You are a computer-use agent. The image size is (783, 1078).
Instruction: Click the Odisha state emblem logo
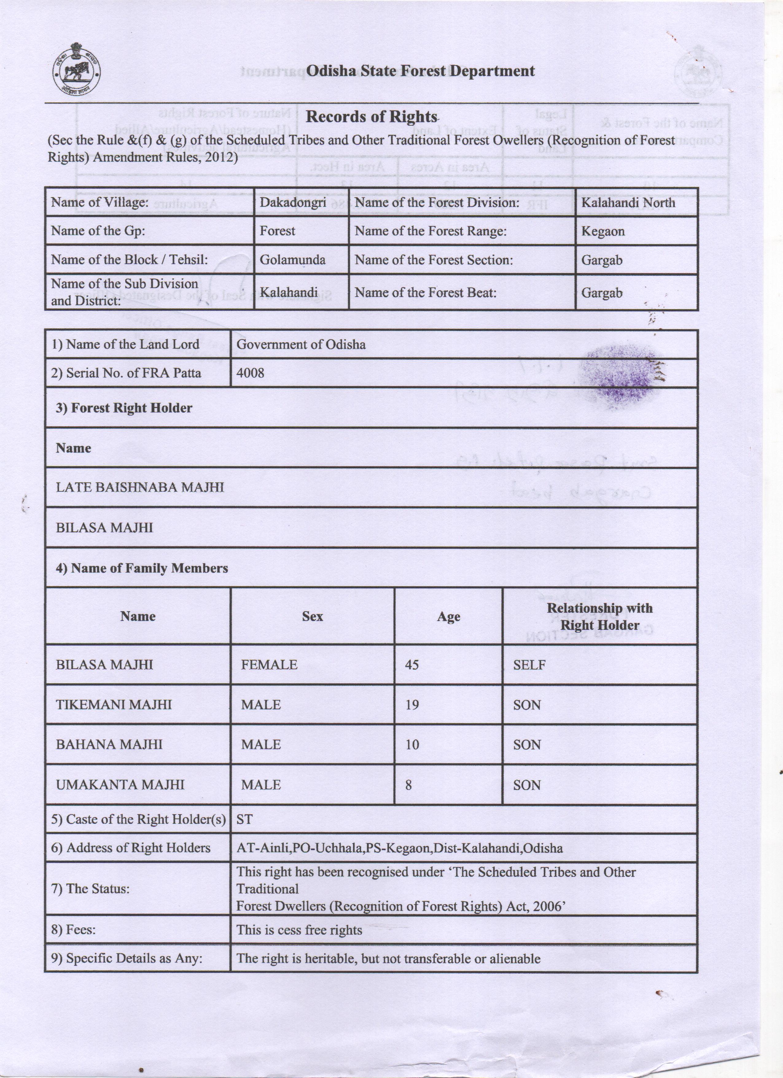[x=76, y=73]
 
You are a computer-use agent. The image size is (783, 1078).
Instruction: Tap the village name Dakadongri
[x=292, y=202]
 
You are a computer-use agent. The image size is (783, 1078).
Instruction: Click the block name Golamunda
[x=292, y=260]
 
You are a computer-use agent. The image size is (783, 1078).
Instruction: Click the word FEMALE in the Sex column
[x=269, y=665]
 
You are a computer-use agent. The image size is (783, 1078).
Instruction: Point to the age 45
[x=411, y=665]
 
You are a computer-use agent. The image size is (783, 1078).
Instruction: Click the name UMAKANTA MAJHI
[x=120, y=785]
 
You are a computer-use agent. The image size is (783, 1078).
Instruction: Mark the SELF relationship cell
[x=529, y=665]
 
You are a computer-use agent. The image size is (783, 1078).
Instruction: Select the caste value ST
[x=244, y=819]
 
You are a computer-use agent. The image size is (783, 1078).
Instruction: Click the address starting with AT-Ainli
[x=399, y=848]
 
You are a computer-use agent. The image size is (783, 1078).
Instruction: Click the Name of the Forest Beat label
[x=425, y=293]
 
